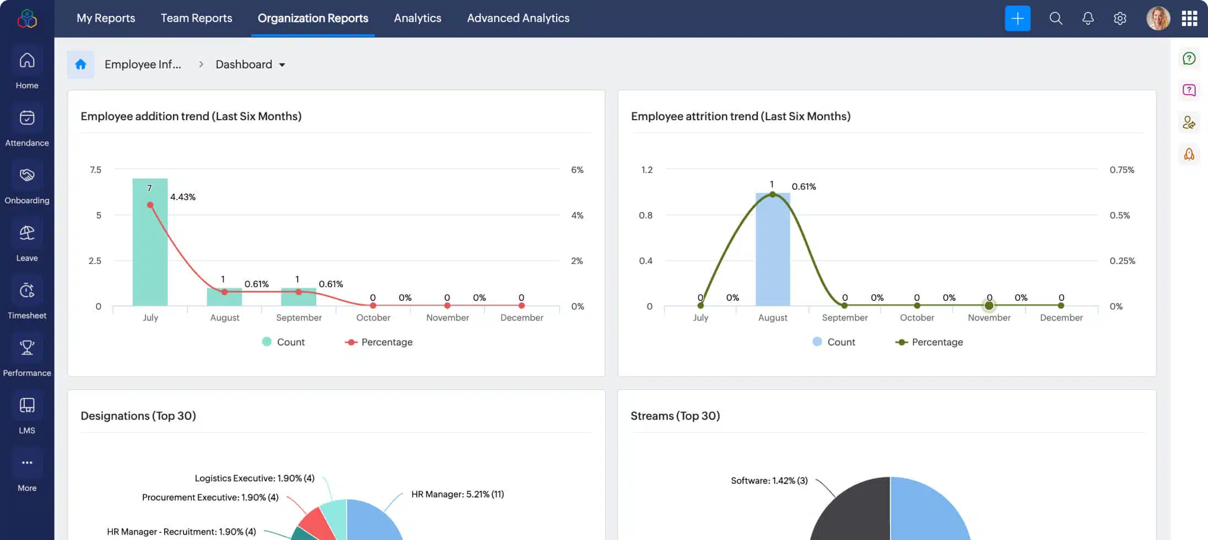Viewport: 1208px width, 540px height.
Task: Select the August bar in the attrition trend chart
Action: pyautogui.click(x=773, y=251)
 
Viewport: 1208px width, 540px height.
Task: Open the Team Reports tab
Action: pyautogui.click(x=196, y=18)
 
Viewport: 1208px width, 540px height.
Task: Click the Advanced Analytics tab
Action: pyautogui.click(x=518, y=18)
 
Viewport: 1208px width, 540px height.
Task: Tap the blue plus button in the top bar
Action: pyautogui.click(x=1017, y=18)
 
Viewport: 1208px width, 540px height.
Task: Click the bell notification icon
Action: pyautogui.click(x=1088, y=18)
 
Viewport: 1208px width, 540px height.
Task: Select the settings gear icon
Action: pyautogui.click(x=1120, y=18)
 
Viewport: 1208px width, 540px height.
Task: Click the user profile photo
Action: pyautogui.click(x=1158, y=18)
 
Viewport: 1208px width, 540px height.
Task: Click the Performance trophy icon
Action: pyautogui.click(x=27, y=348)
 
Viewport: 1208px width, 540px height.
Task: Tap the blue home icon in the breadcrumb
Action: pyautogui.click(x=80, y=64)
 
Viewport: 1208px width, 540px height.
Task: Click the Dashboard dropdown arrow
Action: pyautogui.click(x=282, y=65)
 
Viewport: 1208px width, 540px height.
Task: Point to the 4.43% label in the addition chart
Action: pyautogui.click(x=183, y=197)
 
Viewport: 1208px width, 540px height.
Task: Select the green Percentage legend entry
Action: pyautogui.click(x=930, y=342)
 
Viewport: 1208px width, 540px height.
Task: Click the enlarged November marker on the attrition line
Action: pyautogui.click(x=989, y=305)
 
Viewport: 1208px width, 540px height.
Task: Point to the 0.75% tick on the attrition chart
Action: pyautogui.click(x=1122, y=170)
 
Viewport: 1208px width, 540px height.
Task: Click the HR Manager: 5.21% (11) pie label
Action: pyautogui.click(x=457, y=494)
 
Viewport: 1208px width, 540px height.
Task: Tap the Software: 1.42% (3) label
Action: pyautogui.click(x=769, y=480)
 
